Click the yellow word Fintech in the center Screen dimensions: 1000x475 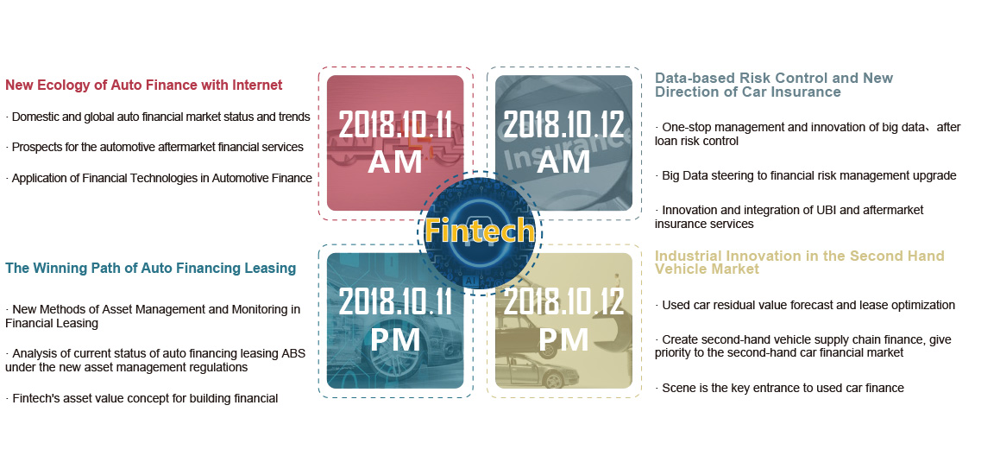pyautogui.click(x=480, y=229)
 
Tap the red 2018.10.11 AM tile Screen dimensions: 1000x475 pyautogui.click(x=395, y=143)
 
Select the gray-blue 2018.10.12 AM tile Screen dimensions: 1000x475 pyautogui.click(x=563, y=143)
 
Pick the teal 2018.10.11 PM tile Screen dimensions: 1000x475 pyautogui.click(x=395, y=320)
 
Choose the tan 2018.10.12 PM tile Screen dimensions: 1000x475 pyautogui.click(x=563, y=320)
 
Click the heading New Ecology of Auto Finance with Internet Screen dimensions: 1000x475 pyautogui.click(x=143, y=85)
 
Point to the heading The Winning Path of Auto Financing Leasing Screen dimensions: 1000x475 pyautogui.click(x=150, y=268)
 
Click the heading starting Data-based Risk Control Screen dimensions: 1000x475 pyautogui.click(x=774, y=85)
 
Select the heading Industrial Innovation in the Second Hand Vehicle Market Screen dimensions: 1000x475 pyautogui.click(x=800, y=263)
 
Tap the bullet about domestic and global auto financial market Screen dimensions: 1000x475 pyautogui.click(x=158, y=117)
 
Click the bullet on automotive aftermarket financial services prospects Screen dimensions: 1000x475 pyautogui.click(x=154, y=147)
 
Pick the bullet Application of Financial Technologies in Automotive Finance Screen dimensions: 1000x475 pyautogui.click(x=159, y=178)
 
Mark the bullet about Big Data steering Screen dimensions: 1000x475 pyautogui.click(x=806, y=175)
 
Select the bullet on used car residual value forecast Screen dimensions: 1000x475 pyautogui.click(x=805, y=305)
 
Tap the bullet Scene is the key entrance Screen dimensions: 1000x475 pyautogui.click(x=779, y=388)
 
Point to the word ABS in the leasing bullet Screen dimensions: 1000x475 pyautogui.click(x=294, y=354)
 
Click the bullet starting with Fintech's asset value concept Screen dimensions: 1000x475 pyautogui.click(x=142, y=399)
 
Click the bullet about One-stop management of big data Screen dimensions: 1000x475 pyautogui.click(x=808, y=134)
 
